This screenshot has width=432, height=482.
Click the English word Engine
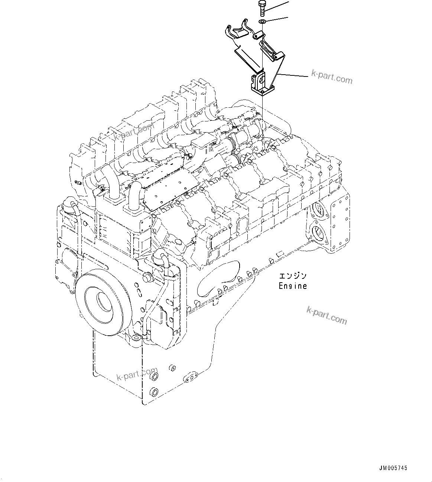point(293,286)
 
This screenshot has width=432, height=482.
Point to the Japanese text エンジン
point(293,276)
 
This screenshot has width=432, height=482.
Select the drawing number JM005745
point(393,468)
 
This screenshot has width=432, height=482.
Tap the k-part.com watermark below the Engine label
point(327,315)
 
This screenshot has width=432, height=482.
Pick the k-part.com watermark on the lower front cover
point(137,374)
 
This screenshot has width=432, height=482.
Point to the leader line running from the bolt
point(277,6)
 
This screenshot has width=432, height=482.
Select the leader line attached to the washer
point(277,20)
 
